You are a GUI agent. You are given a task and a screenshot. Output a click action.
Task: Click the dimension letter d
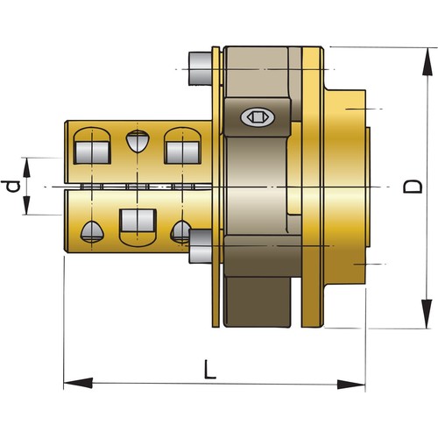tap(11, 186)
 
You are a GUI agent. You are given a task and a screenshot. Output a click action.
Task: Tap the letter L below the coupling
tap(209, 370)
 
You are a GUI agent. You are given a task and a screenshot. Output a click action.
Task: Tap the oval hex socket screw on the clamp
tap(258, 116)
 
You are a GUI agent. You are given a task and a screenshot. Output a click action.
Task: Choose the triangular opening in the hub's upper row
tap(137, 141)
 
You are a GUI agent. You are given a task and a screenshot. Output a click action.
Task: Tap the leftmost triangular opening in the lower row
tap(91, 231)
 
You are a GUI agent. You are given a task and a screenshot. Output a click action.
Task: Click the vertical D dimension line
tap(426, 131)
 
